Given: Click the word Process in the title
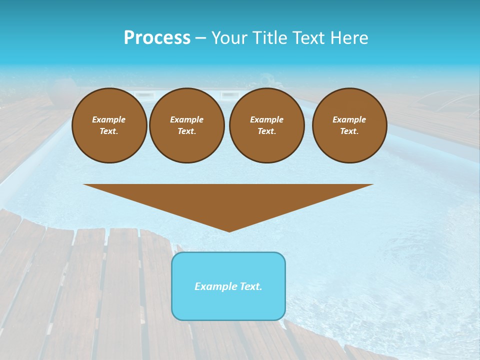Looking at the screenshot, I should pos(157,38).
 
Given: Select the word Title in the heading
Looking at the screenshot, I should pos(270,38).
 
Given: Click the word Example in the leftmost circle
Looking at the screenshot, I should pos(109,119).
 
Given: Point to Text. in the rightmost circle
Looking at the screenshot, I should pos(349,131).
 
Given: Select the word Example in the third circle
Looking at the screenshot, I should pos(266,119).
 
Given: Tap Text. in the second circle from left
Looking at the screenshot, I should pos(186,131).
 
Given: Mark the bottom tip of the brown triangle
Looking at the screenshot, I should pos(229,231).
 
